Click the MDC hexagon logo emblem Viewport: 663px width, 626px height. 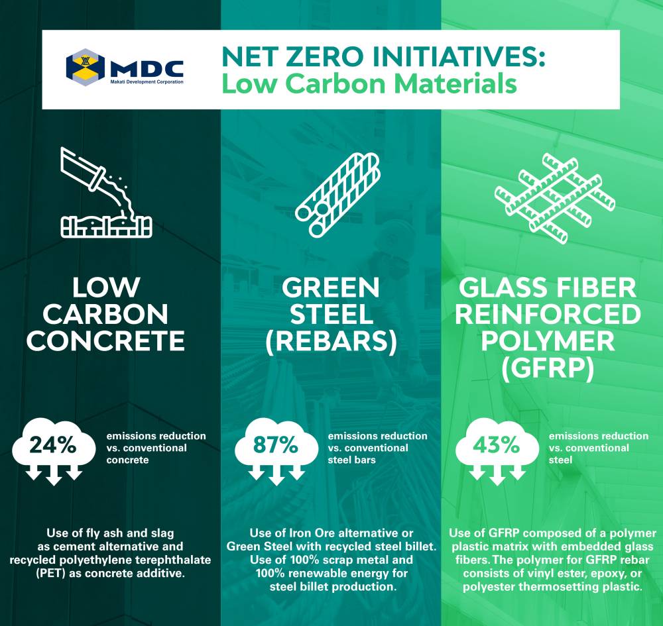click(x=86, y=67)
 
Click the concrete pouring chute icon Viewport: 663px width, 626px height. click(x=106, y=192)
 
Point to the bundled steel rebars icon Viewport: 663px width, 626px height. click(x=337, y=194)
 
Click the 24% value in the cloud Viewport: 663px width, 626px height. click(x=53, y=445)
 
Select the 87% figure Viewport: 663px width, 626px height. click(x=276, y=445)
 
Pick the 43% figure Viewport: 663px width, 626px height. click(x=496, y=445)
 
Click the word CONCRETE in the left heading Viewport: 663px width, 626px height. click(x=106, y=341)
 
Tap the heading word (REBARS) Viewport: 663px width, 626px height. click(x=331, y=341)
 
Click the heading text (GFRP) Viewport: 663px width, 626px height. click(x=548, y=368)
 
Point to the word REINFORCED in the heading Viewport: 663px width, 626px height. click(x=548, y=314)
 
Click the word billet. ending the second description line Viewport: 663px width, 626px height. click(x=418, y=547)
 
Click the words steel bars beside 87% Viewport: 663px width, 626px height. click(x=352, y=460)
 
